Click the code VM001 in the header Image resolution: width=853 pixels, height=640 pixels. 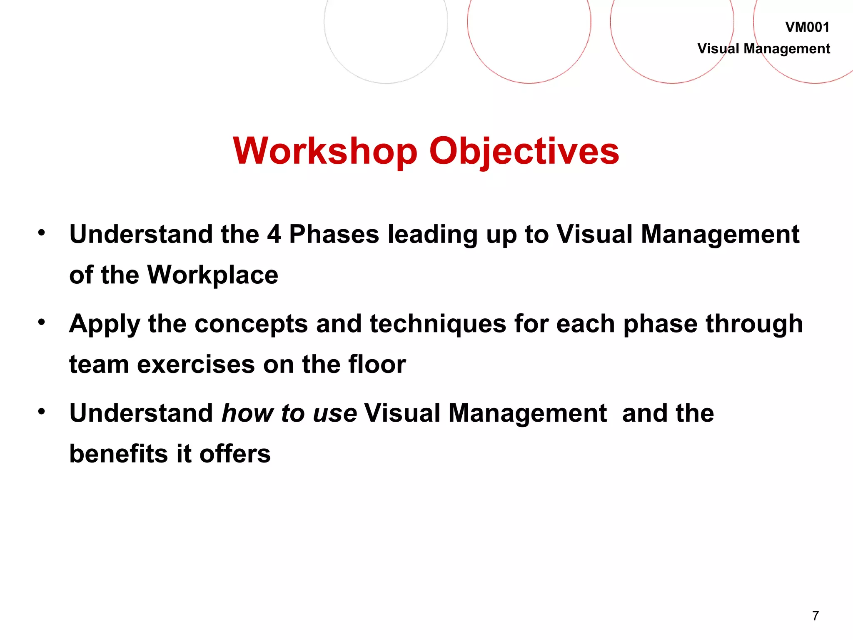807,27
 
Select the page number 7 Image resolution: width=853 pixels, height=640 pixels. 816,615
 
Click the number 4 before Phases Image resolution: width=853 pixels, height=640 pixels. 274,234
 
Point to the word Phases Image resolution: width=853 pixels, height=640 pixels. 334,234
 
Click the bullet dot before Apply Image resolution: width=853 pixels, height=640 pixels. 41,322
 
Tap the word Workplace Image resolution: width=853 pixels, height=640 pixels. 213,275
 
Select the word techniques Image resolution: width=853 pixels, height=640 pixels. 438,324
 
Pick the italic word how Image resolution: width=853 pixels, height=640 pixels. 247,413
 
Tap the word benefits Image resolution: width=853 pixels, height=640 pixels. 119,454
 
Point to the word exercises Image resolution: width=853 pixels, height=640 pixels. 196,365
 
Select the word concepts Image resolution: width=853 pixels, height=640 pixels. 251,324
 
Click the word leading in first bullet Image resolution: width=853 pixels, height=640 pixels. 432,234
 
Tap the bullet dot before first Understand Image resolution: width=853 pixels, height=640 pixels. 41,232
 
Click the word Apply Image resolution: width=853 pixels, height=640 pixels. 105,324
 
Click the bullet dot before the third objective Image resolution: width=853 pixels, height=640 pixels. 41,412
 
